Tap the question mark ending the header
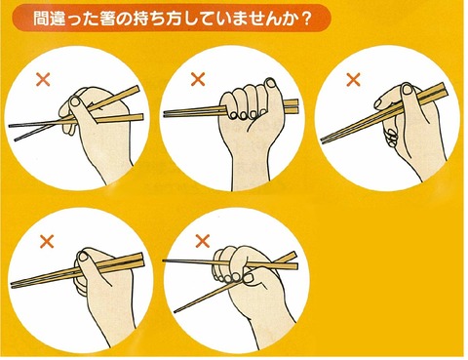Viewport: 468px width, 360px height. pyautogui.click(x=304, y=20)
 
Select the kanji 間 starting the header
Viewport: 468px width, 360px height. pyautogui.click(x=42, y=20)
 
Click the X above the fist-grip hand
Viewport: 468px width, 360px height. pyautogui.click(x=198, y=79)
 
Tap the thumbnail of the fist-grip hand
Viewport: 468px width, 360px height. pyautogui.click(x=270, y=83)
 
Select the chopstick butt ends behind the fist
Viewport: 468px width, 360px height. pyautogui.click(x=291, y=106)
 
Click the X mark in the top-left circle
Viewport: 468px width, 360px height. pyautogui.click(x=43, y=79)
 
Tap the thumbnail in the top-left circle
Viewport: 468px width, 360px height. pyautogui.click(x=76, y=101)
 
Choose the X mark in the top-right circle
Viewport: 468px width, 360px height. pyautogui.click(x=354, y=80)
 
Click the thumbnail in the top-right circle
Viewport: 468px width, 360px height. pyautogui.click(x=407, y=89)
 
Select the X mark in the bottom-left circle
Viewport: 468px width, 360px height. pyautogui.click(x=47, y=241)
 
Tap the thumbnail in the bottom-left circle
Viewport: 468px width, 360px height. pyautogui.click(x=83, y=257)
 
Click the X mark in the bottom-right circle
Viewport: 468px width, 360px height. pyautogui.click(x=203, y=241)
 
